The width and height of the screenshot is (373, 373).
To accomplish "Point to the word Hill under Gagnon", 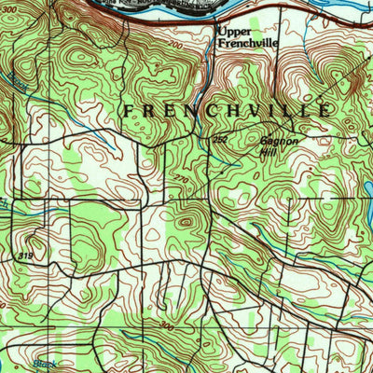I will [269, 153].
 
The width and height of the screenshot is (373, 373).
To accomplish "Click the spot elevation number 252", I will [219, 138].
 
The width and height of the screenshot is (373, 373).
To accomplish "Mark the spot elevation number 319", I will [21, 253].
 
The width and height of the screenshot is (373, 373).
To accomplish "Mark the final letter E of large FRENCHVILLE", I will [324, 110].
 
